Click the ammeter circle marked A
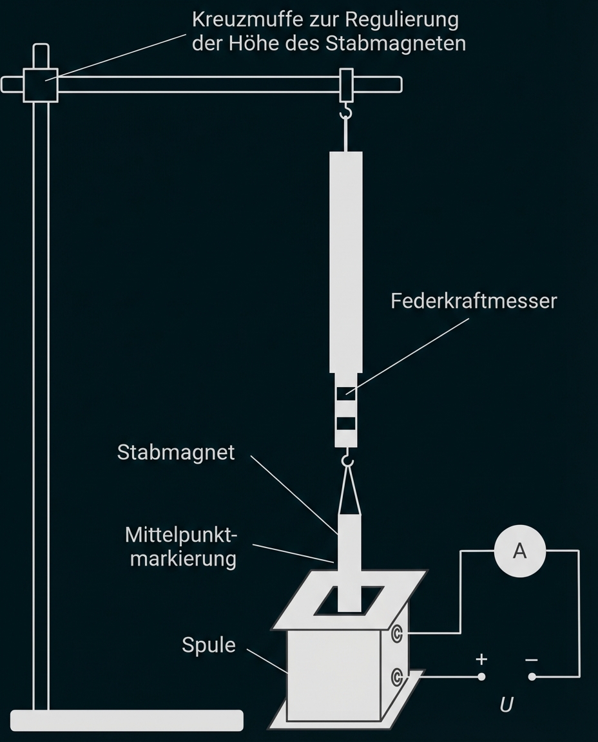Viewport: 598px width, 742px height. [x=519, y=551]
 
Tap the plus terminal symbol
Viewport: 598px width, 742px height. [x=481, y=660]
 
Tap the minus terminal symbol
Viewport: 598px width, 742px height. [x=531, y=660]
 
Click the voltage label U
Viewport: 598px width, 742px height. [x=506, y=705]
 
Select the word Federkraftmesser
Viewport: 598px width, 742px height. [x=473, y=301]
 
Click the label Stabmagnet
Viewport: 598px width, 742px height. [x=176, y=452]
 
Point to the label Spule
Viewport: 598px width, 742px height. [x=208, y=645]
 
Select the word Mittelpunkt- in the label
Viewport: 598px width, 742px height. [x=182, y=535]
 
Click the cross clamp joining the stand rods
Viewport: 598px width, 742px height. [x=41, y=84]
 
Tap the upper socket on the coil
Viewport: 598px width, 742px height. [x=398, y=634]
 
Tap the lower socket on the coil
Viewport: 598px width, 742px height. [x=398, y=676]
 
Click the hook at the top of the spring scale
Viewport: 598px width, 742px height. [x=347, y=114]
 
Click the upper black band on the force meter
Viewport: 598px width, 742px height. [x=346, y=391]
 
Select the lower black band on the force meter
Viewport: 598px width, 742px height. [x=346, y=423]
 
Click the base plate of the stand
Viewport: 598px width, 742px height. [x=128, y=719]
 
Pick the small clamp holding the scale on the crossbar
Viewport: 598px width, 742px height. [x=346, y=84]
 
